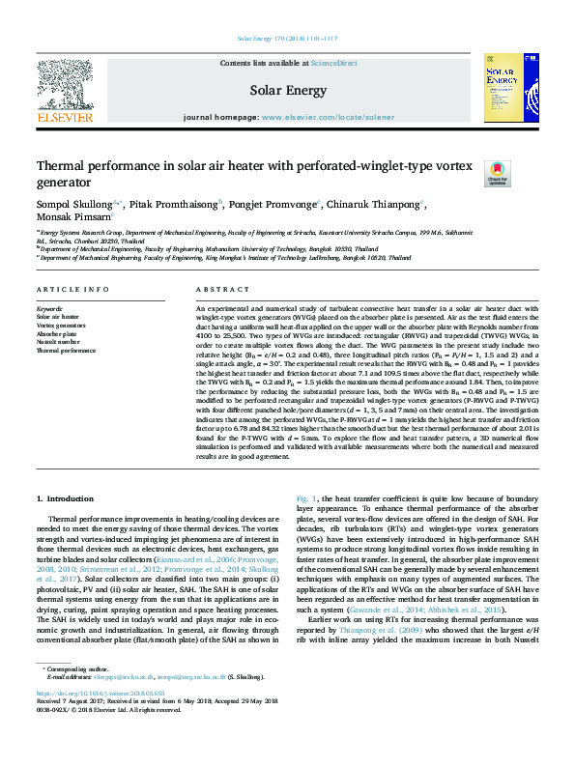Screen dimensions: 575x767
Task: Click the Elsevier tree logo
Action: (x=65, y=86)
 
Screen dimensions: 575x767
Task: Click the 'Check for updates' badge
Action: (x=497, y=173)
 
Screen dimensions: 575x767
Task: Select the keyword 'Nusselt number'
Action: (x=59, y=340)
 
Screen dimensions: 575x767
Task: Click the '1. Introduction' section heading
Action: (x=65, y=498)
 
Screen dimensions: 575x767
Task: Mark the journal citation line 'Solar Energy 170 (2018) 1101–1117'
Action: (x=287, y=40)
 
